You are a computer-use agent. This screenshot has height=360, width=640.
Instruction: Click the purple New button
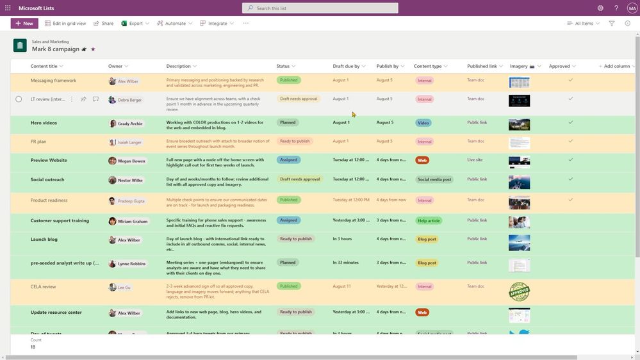(24, 23)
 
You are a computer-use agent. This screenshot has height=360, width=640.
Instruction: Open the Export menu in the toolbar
(135, 23)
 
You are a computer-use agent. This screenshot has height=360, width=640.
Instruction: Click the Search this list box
(320, 8)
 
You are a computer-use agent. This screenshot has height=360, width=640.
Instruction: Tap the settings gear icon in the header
(600, 8)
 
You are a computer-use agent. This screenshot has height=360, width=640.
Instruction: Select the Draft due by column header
(346, 66)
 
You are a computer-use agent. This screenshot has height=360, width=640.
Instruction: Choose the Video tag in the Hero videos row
(423, 123)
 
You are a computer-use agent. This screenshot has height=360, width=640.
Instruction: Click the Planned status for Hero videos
(288, 122)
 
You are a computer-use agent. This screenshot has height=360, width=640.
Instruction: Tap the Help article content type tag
(429, 221)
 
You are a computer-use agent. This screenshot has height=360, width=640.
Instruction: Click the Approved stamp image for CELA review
(519, 291)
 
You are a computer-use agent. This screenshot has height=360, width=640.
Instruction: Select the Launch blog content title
(44, 239)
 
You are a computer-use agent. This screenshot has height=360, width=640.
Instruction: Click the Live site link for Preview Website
(475, 160)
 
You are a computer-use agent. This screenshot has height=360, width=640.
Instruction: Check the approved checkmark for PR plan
(570, 141)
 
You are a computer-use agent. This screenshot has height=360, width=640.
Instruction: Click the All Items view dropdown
(584, 23)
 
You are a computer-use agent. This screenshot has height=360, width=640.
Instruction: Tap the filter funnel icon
(612, 23)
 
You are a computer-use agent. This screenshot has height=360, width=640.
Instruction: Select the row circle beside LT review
(19, 99)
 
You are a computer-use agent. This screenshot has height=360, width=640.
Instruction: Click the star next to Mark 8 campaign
(93, 49)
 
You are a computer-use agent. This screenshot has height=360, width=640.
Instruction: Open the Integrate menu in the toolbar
(217, 23)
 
